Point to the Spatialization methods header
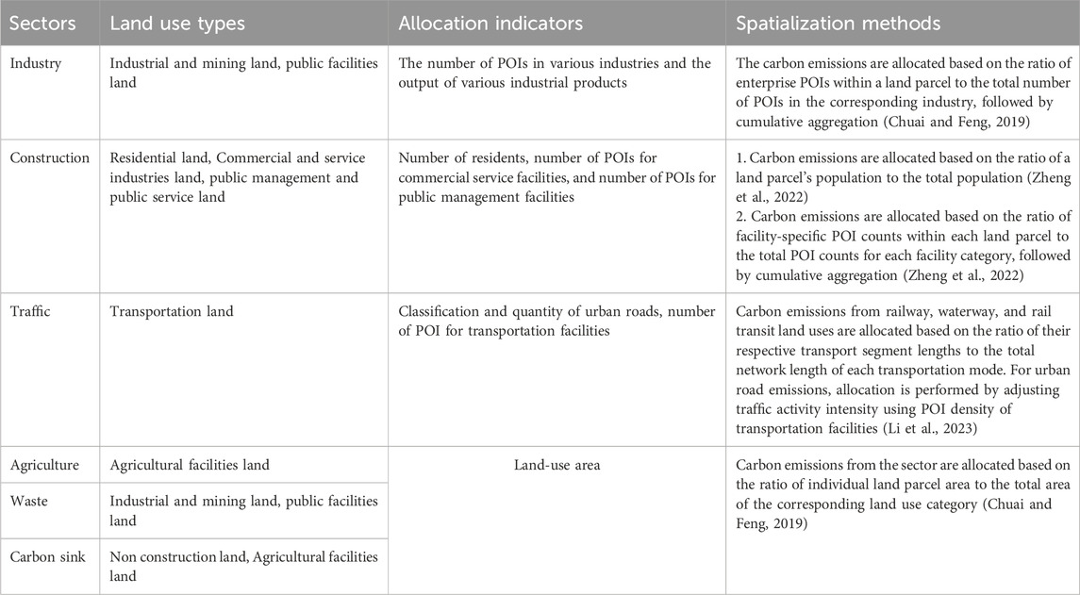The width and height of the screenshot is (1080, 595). (x=839, y=24)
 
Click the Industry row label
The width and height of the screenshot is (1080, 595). (x=35, y=64)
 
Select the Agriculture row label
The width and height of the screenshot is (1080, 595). (x=44, y=465)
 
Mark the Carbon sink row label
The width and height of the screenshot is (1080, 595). (x=48, y=557)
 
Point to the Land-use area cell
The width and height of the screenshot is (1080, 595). (x=557, y=465)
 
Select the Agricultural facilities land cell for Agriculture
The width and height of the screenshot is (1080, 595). (x=190, y=465)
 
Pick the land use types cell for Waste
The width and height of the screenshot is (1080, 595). (x=243, y=511)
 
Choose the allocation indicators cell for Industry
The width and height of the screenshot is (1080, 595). (x=556, y=74)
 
